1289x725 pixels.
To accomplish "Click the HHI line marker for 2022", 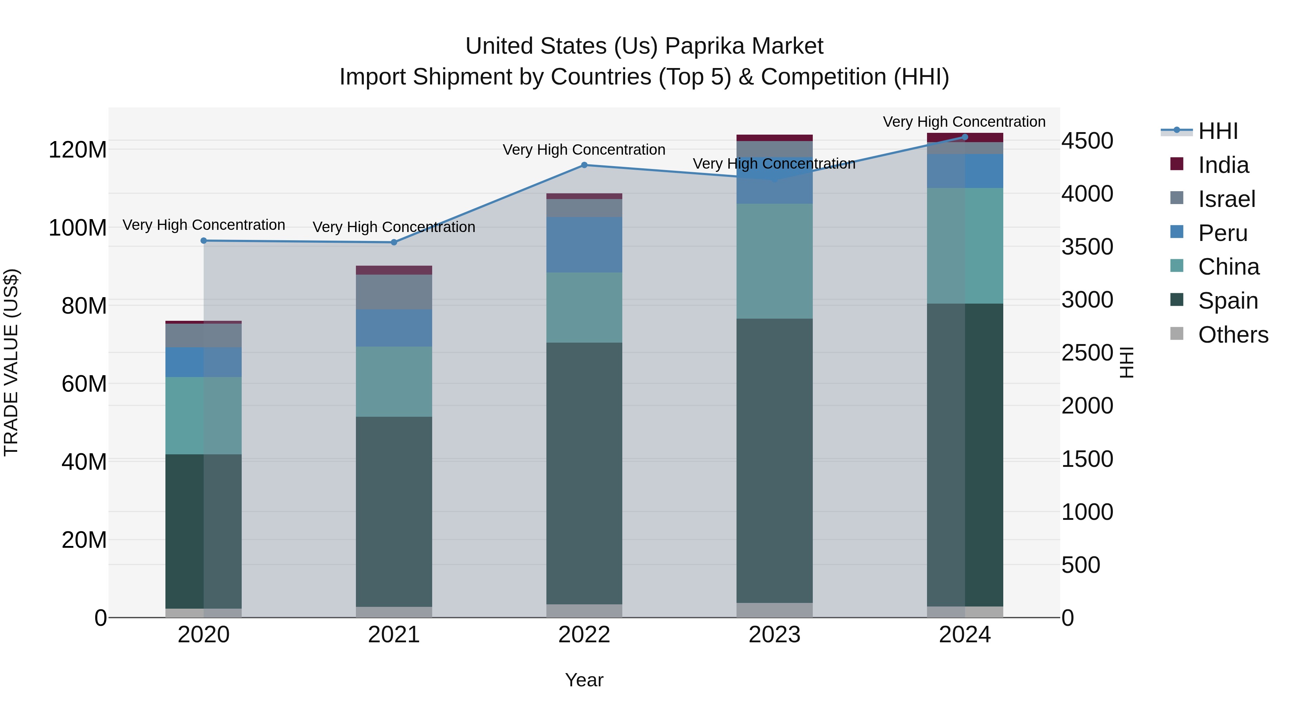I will point(584,165).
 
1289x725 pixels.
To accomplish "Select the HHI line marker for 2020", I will point(204,241).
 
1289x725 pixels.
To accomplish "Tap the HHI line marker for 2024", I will point(965,137).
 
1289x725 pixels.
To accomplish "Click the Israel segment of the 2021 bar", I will point(394,292).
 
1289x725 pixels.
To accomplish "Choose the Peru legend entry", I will point(1222,233).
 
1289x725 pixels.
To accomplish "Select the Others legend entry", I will point(1232,335).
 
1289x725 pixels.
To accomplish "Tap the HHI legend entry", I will point(1217,131).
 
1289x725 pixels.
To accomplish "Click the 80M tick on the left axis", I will point(84,306).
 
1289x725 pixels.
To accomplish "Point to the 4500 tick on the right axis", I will point(1087,141).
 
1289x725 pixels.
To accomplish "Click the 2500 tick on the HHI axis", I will point(1087,353).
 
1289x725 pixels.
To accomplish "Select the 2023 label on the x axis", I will point(774,635).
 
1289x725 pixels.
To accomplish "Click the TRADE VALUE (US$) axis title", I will point(11,362).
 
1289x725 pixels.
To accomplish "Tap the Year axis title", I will point(584,680).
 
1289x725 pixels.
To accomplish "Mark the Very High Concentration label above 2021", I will point(394,227).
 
